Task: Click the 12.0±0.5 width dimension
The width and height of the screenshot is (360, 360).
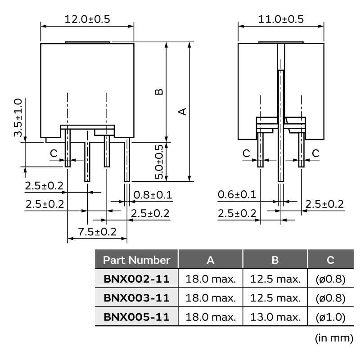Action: coord(87,19)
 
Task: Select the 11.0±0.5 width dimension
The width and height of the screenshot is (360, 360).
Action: coord(281,19)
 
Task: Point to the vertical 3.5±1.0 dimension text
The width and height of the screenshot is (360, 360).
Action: coord(18,117)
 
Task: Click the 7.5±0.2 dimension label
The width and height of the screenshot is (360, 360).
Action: coord(97,232)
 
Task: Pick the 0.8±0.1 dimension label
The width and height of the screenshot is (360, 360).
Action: coord(153,195)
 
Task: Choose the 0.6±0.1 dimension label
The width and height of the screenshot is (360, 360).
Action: coord(237,194)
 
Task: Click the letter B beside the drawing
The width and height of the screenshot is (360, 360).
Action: coord(159,92)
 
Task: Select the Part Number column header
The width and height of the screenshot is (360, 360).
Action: coord(137,260)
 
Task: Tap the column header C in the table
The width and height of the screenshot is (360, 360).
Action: coord(330,260)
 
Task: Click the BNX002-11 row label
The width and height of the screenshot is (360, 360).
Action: coord(137,279)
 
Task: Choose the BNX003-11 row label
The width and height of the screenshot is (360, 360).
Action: coord(137,298)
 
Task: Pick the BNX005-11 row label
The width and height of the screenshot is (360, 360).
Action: coord(137,317)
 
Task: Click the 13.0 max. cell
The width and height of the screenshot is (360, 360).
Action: coord(275,317)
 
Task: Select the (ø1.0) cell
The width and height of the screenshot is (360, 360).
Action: coord(330,317)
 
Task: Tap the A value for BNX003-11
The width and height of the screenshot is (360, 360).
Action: coord(211,298)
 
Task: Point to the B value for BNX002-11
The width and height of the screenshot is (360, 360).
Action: coord(275,279)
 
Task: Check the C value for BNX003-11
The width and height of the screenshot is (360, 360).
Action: coord(330,298)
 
